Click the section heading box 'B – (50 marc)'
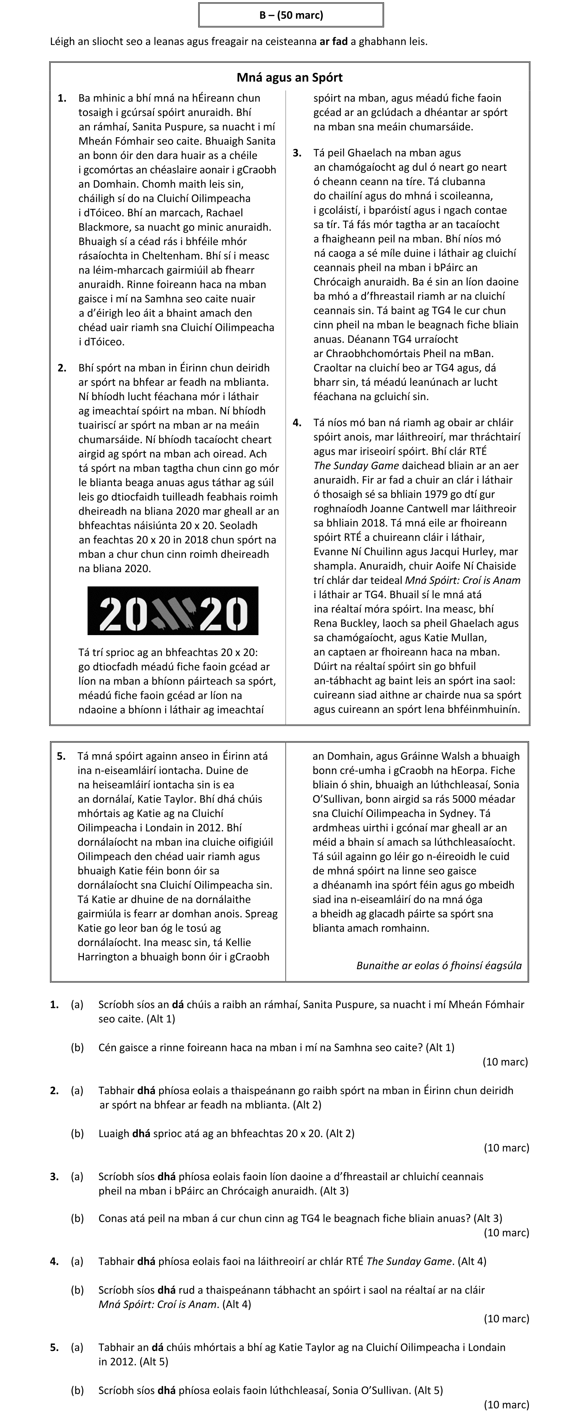point(291,15)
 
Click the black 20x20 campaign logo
point(173,610)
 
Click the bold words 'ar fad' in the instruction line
point(334,41)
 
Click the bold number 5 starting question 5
point(54,1347)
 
